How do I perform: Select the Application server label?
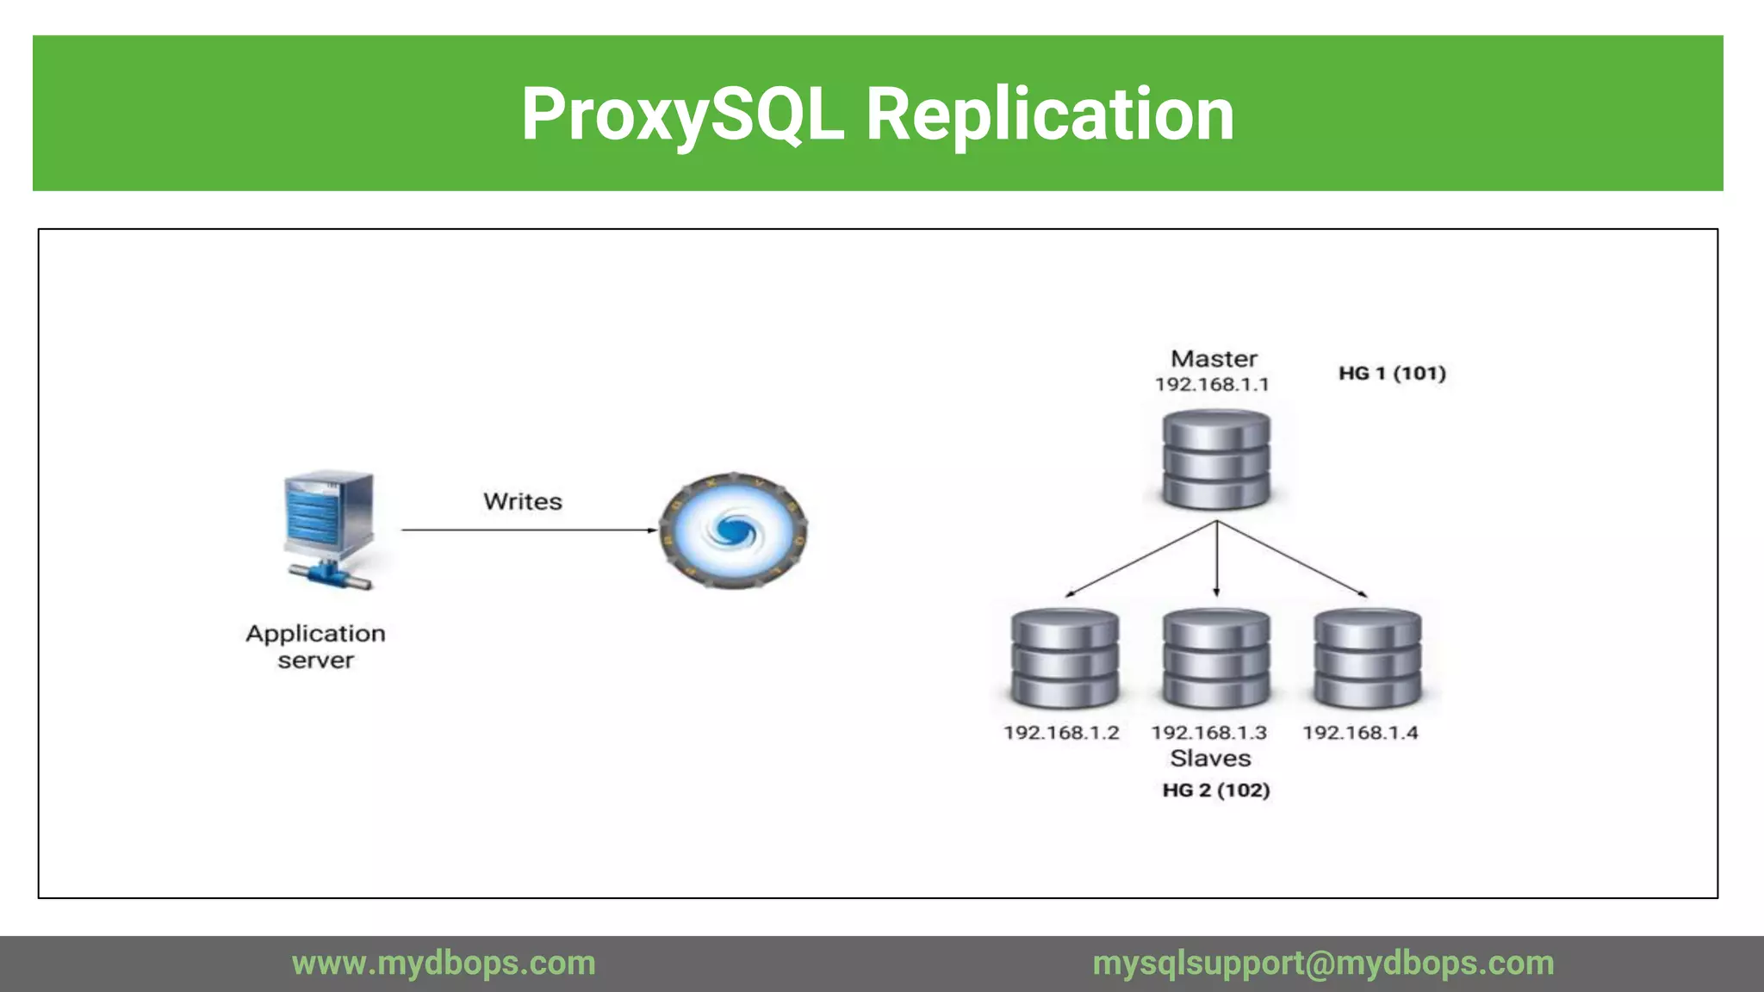[x=315, y=647]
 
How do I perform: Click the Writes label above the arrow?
[x=522, y=501]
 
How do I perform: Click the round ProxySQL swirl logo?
[x=733, y=530]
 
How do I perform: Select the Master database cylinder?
[x=1215, y=461]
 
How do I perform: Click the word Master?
[x=1214, y=358]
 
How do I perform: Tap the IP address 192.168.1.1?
[x=1212, y=384]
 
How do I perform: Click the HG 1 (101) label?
[x=1391, y=373]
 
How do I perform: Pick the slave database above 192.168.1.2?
[x=1065, y=660]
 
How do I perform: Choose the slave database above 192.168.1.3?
[x=1215, y=660]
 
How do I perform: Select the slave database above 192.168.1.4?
[x=1367, y=660]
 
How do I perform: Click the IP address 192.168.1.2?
[x=1061, y=733]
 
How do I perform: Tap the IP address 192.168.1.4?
[x=1360, y=733]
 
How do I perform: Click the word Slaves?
[x=1210, y=759]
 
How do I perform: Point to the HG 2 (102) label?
[x=1215, y=790]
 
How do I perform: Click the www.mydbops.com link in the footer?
[x=444, y=963]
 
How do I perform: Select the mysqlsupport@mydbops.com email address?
[x=1323, y=963]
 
